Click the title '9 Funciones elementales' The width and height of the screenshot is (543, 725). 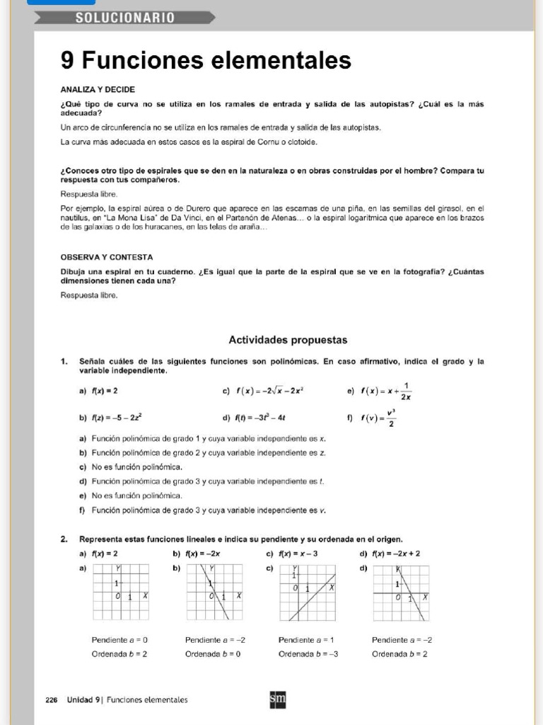(x=206, y=61)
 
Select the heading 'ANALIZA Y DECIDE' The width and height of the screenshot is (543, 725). (x=98, y=89)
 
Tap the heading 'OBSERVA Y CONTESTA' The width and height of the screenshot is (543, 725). (x=106, y=257)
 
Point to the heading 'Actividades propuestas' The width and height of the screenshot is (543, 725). (x=288, y=340)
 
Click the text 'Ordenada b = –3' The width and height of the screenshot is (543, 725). (x=308, y=653)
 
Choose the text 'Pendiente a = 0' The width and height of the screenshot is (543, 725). (x=119, y=639)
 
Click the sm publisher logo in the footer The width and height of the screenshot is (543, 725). (x=278, y=700)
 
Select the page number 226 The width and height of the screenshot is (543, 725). (x=51, y=700)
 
